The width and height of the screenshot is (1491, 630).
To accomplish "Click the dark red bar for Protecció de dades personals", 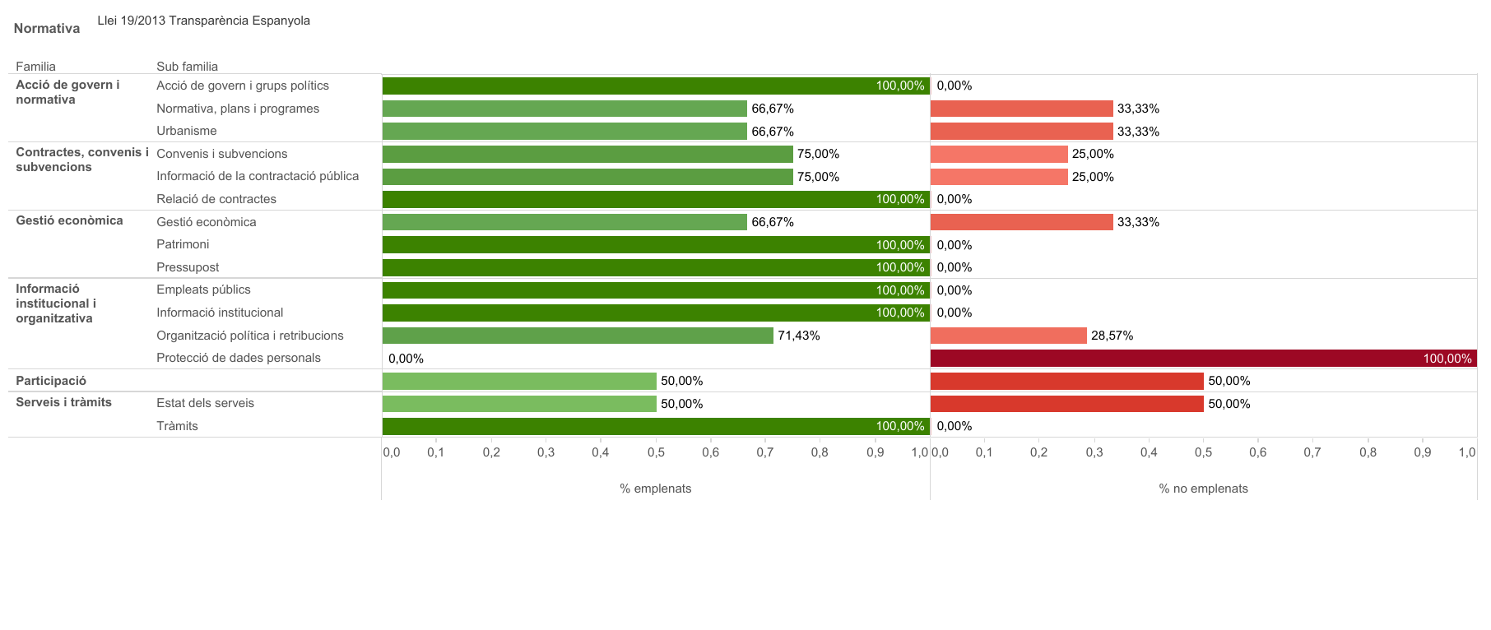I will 1203,358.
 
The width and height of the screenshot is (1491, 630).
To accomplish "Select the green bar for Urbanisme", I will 564,131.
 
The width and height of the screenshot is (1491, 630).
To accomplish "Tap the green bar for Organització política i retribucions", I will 578,336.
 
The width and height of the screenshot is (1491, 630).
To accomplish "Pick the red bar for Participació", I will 1066,381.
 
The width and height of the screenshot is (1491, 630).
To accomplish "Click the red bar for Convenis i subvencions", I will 999,154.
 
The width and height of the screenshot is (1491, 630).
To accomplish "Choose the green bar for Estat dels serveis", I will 519,403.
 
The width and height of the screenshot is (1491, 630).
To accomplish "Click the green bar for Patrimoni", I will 656,244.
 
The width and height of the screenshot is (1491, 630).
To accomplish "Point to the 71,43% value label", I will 798,336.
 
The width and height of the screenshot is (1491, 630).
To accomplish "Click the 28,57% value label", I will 1112,336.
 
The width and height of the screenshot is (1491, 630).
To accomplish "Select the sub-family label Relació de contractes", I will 216,199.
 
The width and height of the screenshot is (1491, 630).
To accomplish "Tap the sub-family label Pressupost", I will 188,267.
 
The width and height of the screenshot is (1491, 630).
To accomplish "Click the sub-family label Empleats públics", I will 203,290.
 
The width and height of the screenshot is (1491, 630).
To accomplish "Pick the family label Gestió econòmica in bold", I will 69,220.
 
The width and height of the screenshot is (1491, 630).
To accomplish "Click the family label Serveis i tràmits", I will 63,402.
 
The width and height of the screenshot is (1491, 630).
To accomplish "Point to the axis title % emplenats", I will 655,489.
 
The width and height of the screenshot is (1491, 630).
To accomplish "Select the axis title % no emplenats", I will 1203,489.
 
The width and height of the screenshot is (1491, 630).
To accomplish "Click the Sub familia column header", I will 187,67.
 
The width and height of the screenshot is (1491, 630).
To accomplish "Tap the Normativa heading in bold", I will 47,29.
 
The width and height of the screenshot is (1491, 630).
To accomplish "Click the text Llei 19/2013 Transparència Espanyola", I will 203,21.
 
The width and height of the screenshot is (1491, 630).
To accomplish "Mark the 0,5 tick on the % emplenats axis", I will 656,452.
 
